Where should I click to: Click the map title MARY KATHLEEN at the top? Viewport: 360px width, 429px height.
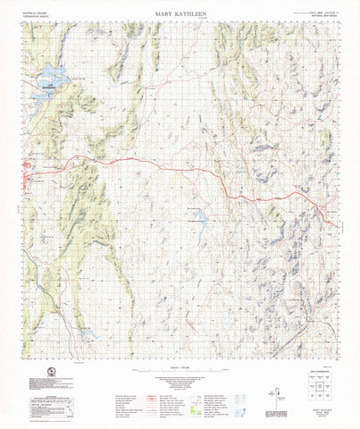179,13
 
